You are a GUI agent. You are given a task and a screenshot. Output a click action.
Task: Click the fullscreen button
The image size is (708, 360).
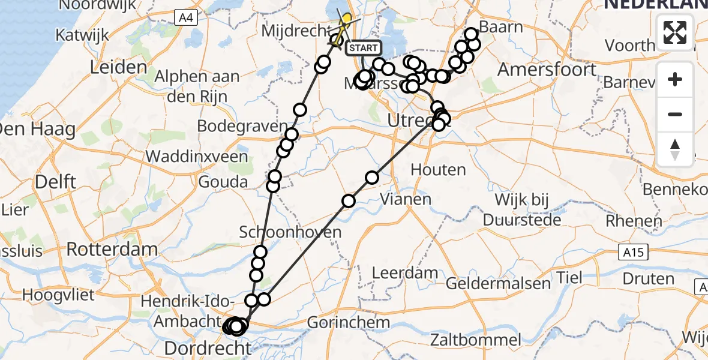point(675,32)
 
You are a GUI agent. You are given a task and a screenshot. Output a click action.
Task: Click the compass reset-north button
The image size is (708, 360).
point(675,149)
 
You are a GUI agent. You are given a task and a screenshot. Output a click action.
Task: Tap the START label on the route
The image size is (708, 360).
point(363,48)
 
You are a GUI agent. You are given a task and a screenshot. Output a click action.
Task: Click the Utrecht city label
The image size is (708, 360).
point(410,121)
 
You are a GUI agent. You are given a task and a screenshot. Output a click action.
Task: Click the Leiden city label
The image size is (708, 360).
point(119,67)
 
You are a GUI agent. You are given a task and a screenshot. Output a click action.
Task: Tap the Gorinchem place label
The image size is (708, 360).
point(348,322)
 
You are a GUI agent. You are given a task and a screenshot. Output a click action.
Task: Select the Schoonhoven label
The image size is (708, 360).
point(290,232)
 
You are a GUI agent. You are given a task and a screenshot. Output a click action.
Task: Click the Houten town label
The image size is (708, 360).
point(438,170)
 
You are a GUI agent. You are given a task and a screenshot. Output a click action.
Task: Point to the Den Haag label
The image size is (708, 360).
point(37,129)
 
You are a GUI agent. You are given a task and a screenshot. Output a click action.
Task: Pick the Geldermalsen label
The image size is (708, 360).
point(498,283)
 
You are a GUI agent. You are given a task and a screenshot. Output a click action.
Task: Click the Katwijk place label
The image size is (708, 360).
point(82,35)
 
